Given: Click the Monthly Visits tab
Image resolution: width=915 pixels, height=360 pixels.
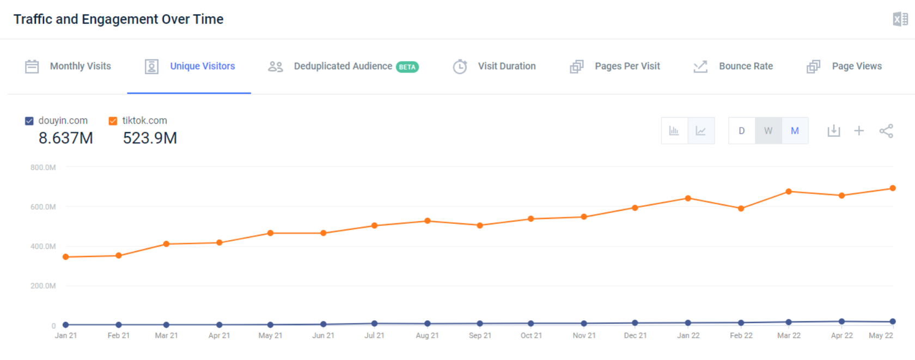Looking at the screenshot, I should pyautogui.click(x=69, y=66).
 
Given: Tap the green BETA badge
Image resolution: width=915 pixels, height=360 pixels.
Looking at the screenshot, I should pyautogui.click(x=407, y=67).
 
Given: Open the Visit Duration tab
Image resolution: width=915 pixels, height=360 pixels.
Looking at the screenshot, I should pyautogui.click(x=495, y=66).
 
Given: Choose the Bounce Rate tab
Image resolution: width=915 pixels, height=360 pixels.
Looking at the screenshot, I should pyautogui.click(x=733, y=66).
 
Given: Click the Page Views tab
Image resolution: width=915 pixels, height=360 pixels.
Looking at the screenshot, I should pyautogui.click(x=844, y=66).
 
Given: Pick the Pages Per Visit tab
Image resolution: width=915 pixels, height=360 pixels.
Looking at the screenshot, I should pyautogui.click(x=615, y=66).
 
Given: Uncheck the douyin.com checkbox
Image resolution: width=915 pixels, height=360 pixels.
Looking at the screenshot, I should pyautogui.click(x=29, y=121).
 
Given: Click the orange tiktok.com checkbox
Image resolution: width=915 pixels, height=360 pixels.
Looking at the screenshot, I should pyautogui.click(x=113, y=121).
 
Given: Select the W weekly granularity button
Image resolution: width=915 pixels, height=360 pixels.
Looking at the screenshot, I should pyautogui.click(x=768, y=131).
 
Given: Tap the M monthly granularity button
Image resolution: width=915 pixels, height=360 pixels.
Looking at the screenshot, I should pyautogui.click(x=795, y=131).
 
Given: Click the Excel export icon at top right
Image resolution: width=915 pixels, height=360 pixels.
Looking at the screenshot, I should pyautogui.click(x=900, y=20).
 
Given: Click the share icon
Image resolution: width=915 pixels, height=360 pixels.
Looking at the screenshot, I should pyautogui.click(x=886, y=131).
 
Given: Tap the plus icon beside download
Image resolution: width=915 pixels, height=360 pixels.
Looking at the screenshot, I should pyautogui.click(x=859, y=131).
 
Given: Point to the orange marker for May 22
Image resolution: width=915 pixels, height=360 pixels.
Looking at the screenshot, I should pyautogui.click(x=893, y=188).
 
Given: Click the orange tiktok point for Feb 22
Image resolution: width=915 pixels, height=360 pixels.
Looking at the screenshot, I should pyautogui.click(x=741, y=209).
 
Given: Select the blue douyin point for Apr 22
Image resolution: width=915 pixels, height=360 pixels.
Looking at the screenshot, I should pyautogui.click(x=841, y=321).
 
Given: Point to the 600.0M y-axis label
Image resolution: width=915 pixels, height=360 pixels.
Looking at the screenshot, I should pyautogui.click(x=43, y=207).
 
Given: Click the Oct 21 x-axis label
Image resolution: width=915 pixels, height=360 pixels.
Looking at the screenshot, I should pyautogui.click(x=531, y=335).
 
